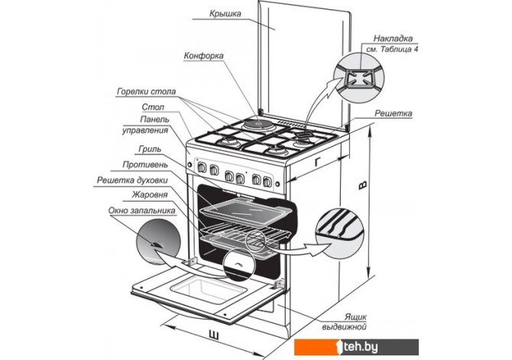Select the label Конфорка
point(203,56)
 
